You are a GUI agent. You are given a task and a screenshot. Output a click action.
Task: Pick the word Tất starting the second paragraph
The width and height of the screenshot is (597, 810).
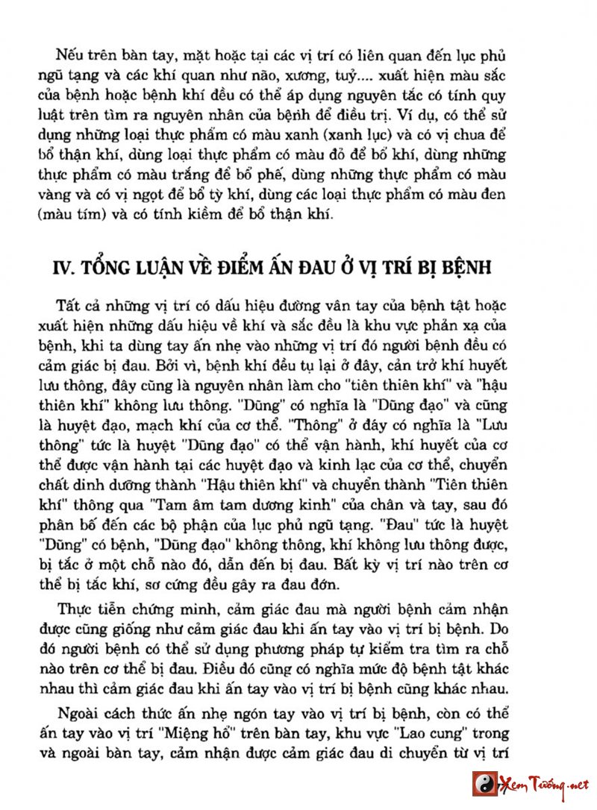point(69,307)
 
